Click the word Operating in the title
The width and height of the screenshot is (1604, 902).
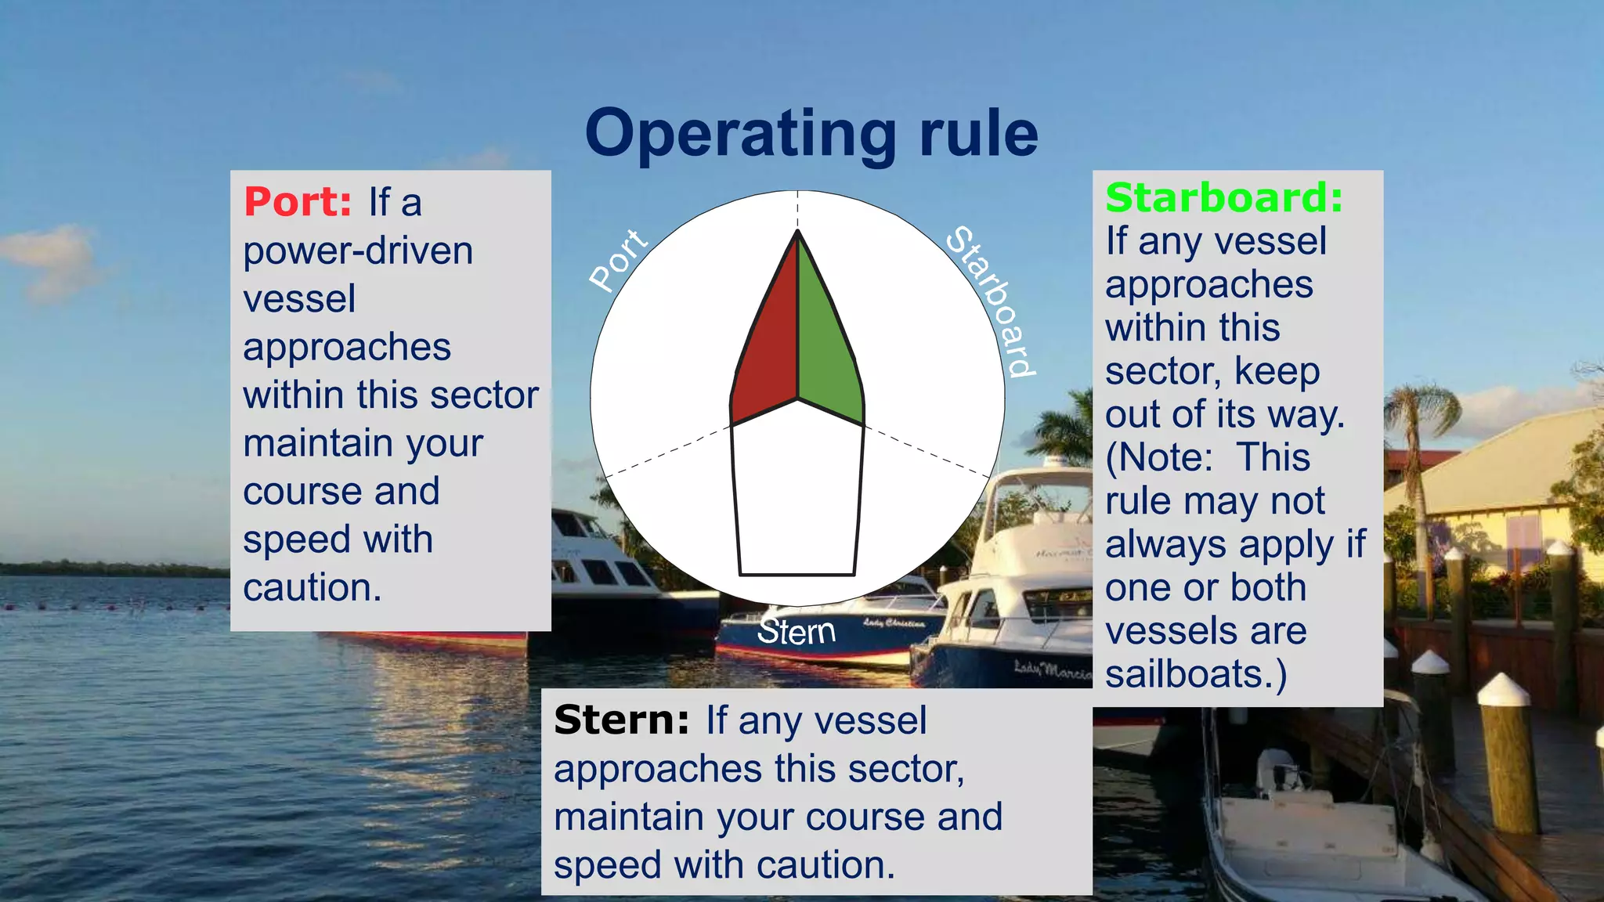click(739, 135)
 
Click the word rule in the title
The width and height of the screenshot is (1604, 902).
click(978, 135)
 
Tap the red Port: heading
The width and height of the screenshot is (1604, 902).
click(298, 202)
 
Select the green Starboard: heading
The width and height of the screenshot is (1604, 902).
click(1223, 197)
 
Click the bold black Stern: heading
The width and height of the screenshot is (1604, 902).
click(621, 720)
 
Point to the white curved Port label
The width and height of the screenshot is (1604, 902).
click(619, 260)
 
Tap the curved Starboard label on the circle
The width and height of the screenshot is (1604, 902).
click(992, 301)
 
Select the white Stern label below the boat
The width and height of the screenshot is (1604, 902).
click(796, 632)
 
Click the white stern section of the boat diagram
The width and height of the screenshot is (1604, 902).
click(797, 493)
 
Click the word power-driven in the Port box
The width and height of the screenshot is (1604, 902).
click(358, 251)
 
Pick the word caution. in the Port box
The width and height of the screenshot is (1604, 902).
click(312, 587)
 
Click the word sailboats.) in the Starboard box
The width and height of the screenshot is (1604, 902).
click(1195, 674)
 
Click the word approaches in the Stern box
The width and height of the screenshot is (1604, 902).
click(656, 769)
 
